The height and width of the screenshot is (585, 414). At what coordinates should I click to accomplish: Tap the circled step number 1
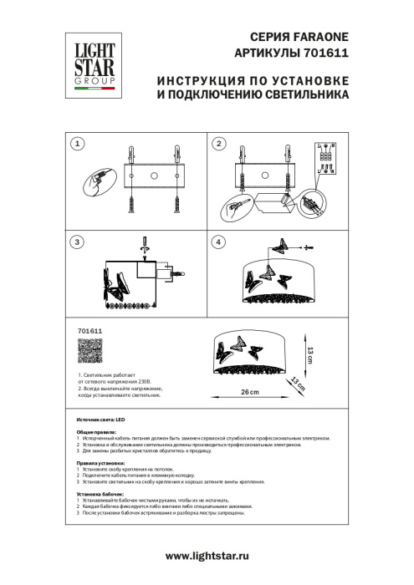point(77,144)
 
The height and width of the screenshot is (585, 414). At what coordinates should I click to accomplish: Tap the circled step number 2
point(219,144)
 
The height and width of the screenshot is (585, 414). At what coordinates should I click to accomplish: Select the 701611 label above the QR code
point(77,331)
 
